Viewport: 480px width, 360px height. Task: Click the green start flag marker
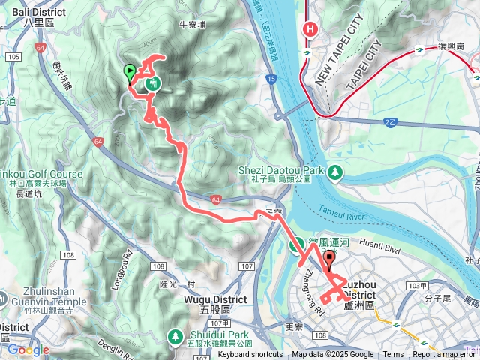(x=129, y=73)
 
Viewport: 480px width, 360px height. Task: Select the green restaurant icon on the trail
(x=153, y=83)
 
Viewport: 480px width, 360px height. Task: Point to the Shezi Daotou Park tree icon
(x=335, y=173)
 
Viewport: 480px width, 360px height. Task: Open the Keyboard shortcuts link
(x=250, y=355)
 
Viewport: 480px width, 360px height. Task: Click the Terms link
(x=393, y=355)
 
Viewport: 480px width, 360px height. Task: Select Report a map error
(x=443, y=355)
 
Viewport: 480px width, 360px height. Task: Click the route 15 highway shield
(x=270, y=79)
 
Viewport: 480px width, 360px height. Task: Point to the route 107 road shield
(x=248, y=266)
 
